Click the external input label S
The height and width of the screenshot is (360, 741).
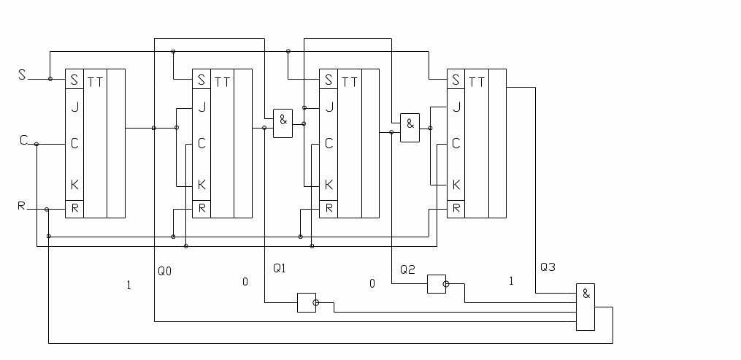pyautogui.click(x=22, y=75)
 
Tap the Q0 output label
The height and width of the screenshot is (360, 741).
pyautogui.click(x=165, y=271)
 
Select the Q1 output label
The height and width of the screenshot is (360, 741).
pyautogui.click(x=279, y=268)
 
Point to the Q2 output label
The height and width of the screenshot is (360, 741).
pyautogui.click(x=407, y=269)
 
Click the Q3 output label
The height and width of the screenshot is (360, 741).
pyautogui.click(x=548, y=267)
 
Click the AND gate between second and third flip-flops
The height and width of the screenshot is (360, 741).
pyautogui.click(x=283, y=123)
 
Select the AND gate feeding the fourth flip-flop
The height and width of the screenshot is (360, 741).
pyautogui.click(x=410, y=128)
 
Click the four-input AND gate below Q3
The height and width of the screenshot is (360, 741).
pyautogui.click(x=585, y=307)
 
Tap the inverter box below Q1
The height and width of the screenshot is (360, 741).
pyautogui.click(x=306, y=302)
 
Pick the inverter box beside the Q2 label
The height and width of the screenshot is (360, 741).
pyautogui.click(x=436, y=284)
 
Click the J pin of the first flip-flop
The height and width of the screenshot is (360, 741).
pyautogui.click(x=74, y=106)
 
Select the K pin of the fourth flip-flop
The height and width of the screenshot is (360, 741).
pyautogui.click(x=456, y=185)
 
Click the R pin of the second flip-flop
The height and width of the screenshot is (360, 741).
pyautogui.click(x=201, y=209)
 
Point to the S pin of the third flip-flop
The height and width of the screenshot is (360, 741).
pyautogui.click(x=329, y=79)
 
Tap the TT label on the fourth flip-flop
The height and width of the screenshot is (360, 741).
pyautogui.click(x=477, y=81)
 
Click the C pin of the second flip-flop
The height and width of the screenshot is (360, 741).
pyautogui.click(x=201, y=144)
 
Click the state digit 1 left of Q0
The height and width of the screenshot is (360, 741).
pyautogui.click(x=129, y=286)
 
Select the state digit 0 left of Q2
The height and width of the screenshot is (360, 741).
pyautogui.click(x=372, y=283)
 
